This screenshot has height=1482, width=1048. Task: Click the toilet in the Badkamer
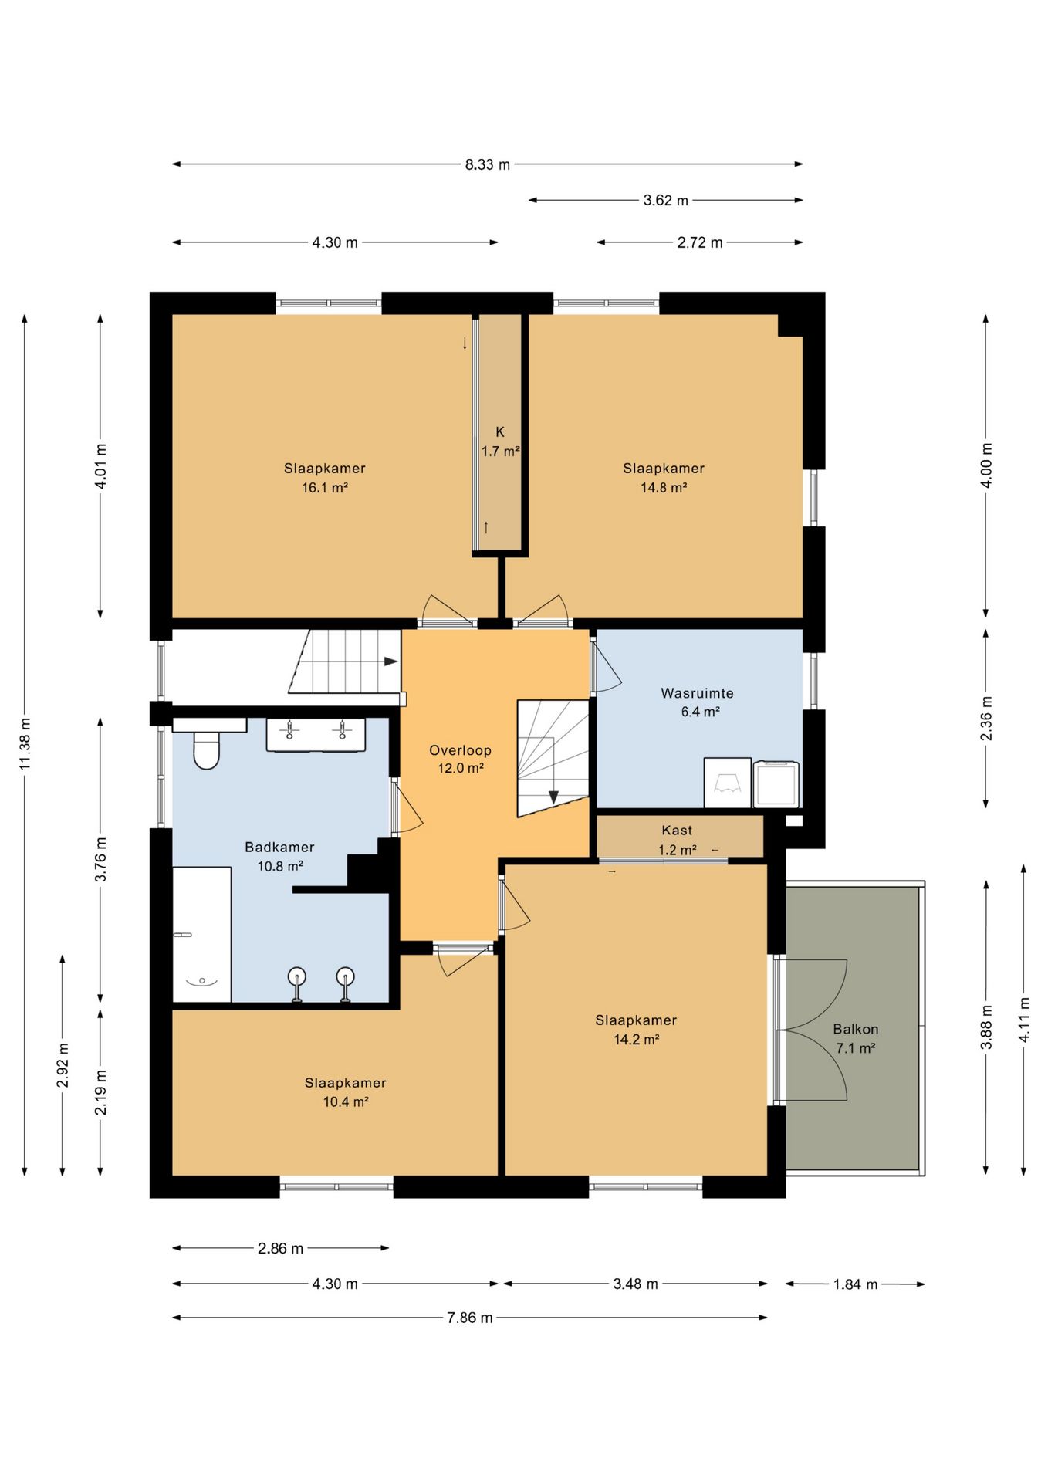[206, 749]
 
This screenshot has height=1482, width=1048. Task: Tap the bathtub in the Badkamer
[201, 935]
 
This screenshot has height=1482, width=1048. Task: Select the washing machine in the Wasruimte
[776, 783]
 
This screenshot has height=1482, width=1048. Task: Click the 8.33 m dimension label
[487, 164]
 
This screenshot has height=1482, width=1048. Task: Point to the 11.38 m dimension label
[25, 743]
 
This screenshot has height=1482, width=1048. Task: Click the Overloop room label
[460, 750]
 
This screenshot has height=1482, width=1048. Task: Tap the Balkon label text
[856, 1029]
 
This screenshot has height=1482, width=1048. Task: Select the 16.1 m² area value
[325, 488]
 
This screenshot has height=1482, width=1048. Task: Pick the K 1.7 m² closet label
[500, 442]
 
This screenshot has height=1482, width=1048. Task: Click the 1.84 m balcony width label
[855, 1284]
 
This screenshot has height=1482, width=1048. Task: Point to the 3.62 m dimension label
[665, 201]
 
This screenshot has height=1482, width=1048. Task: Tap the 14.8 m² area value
[664, 488]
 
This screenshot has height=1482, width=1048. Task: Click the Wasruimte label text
[697, 693]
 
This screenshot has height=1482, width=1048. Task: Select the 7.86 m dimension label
[469, 1318]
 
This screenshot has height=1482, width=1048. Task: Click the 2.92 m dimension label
[63, 1065]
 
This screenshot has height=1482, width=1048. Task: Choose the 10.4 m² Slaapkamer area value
[346, 1102]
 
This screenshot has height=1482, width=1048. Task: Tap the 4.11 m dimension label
[1024, 1020]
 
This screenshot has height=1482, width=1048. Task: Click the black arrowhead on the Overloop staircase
[553, 797]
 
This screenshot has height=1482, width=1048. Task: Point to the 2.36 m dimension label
[986, 718]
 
